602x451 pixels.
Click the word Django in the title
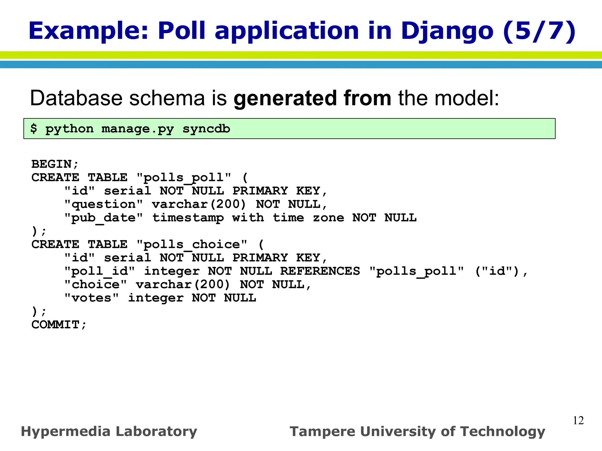447,31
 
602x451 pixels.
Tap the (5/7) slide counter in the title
539,31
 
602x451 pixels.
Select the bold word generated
285,98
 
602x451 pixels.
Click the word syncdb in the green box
206,129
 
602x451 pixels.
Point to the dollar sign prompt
34,129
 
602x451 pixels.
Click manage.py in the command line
138,129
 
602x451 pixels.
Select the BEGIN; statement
55,164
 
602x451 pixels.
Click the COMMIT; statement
59,325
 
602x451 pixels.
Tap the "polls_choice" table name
192,244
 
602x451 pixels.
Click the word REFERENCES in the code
320,271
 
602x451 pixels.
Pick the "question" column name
103,204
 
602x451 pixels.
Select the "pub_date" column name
103,218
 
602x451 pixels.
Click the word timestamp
188,218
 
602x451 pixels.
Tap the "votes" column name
91,298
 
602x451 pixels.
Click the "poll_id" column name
99,271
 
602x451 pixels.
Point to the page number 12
578,420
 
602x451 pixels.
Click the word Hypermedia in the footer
66,432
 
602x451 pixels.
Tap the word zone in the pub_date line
328,218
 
